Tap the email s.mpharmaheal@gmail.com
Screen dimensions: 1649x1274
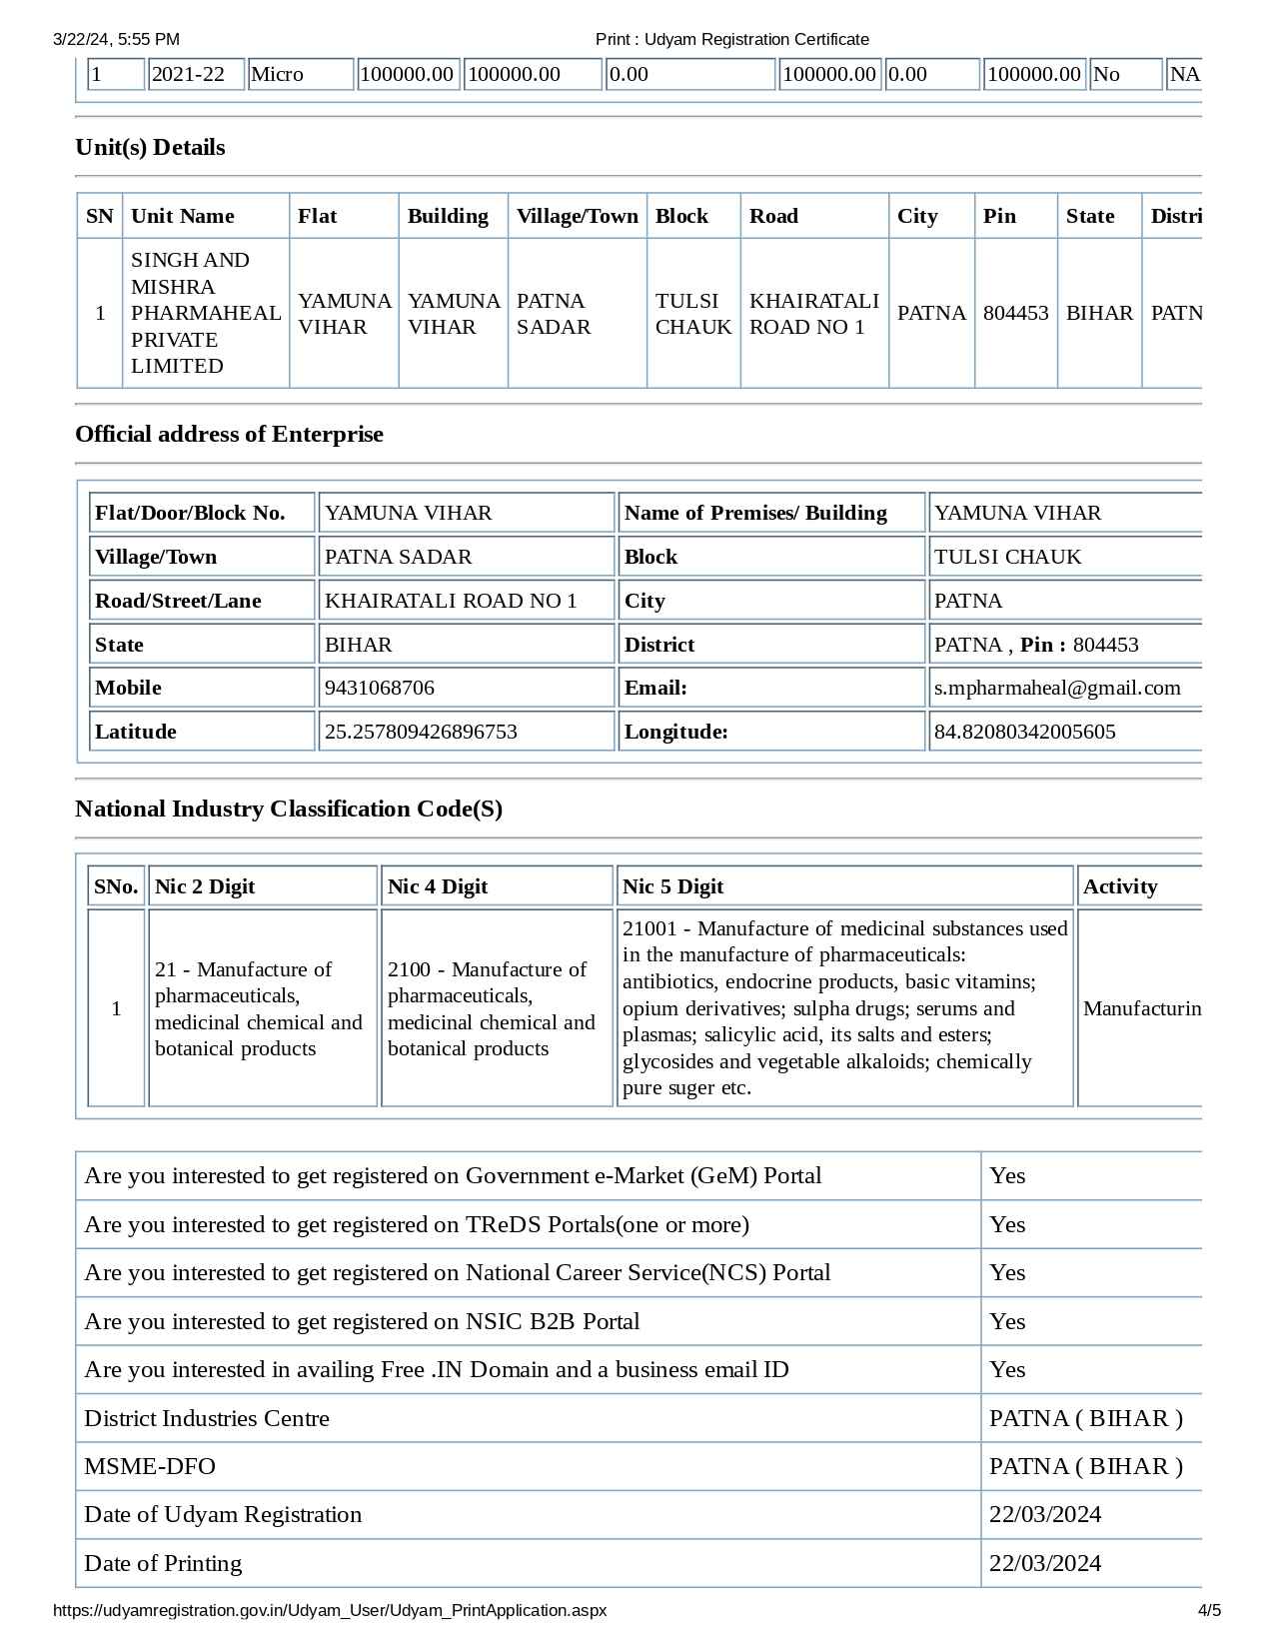1057,688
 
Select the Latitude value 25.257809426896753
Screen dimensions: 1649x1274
421,732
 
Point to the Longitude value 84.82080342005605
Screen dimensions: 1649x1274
1024,732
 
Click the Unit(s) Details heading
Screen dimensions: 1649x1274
150,147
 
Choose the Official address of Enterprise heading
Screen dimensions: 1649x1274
229,434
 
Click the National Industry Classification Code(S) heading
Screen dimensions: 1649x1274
289,809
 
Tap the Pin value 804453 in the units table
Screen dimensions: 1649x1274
1015,313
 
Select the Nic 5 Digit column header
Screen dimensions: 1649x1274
672,886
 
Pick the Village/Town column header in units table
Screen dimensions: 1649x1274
577,216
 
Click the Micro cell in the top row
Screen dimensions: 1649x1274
278,74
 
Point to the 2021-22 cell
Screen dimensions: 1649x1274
188,74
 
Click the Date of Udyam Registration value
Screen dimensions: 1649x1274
1045,1514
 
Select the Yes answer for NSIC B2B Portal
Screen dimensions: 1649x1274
1007,1321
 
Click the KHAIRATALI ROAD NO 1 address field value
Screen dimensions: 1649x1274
451,601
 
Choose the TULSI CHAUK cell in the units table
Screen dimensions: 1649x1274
693,314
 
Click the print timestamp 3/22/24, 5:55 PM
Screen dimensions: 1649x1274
116,39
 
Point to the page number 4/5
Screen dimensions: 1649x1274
1209,1610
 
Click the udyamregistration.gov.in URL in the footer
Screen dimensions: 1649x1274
330,1610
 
